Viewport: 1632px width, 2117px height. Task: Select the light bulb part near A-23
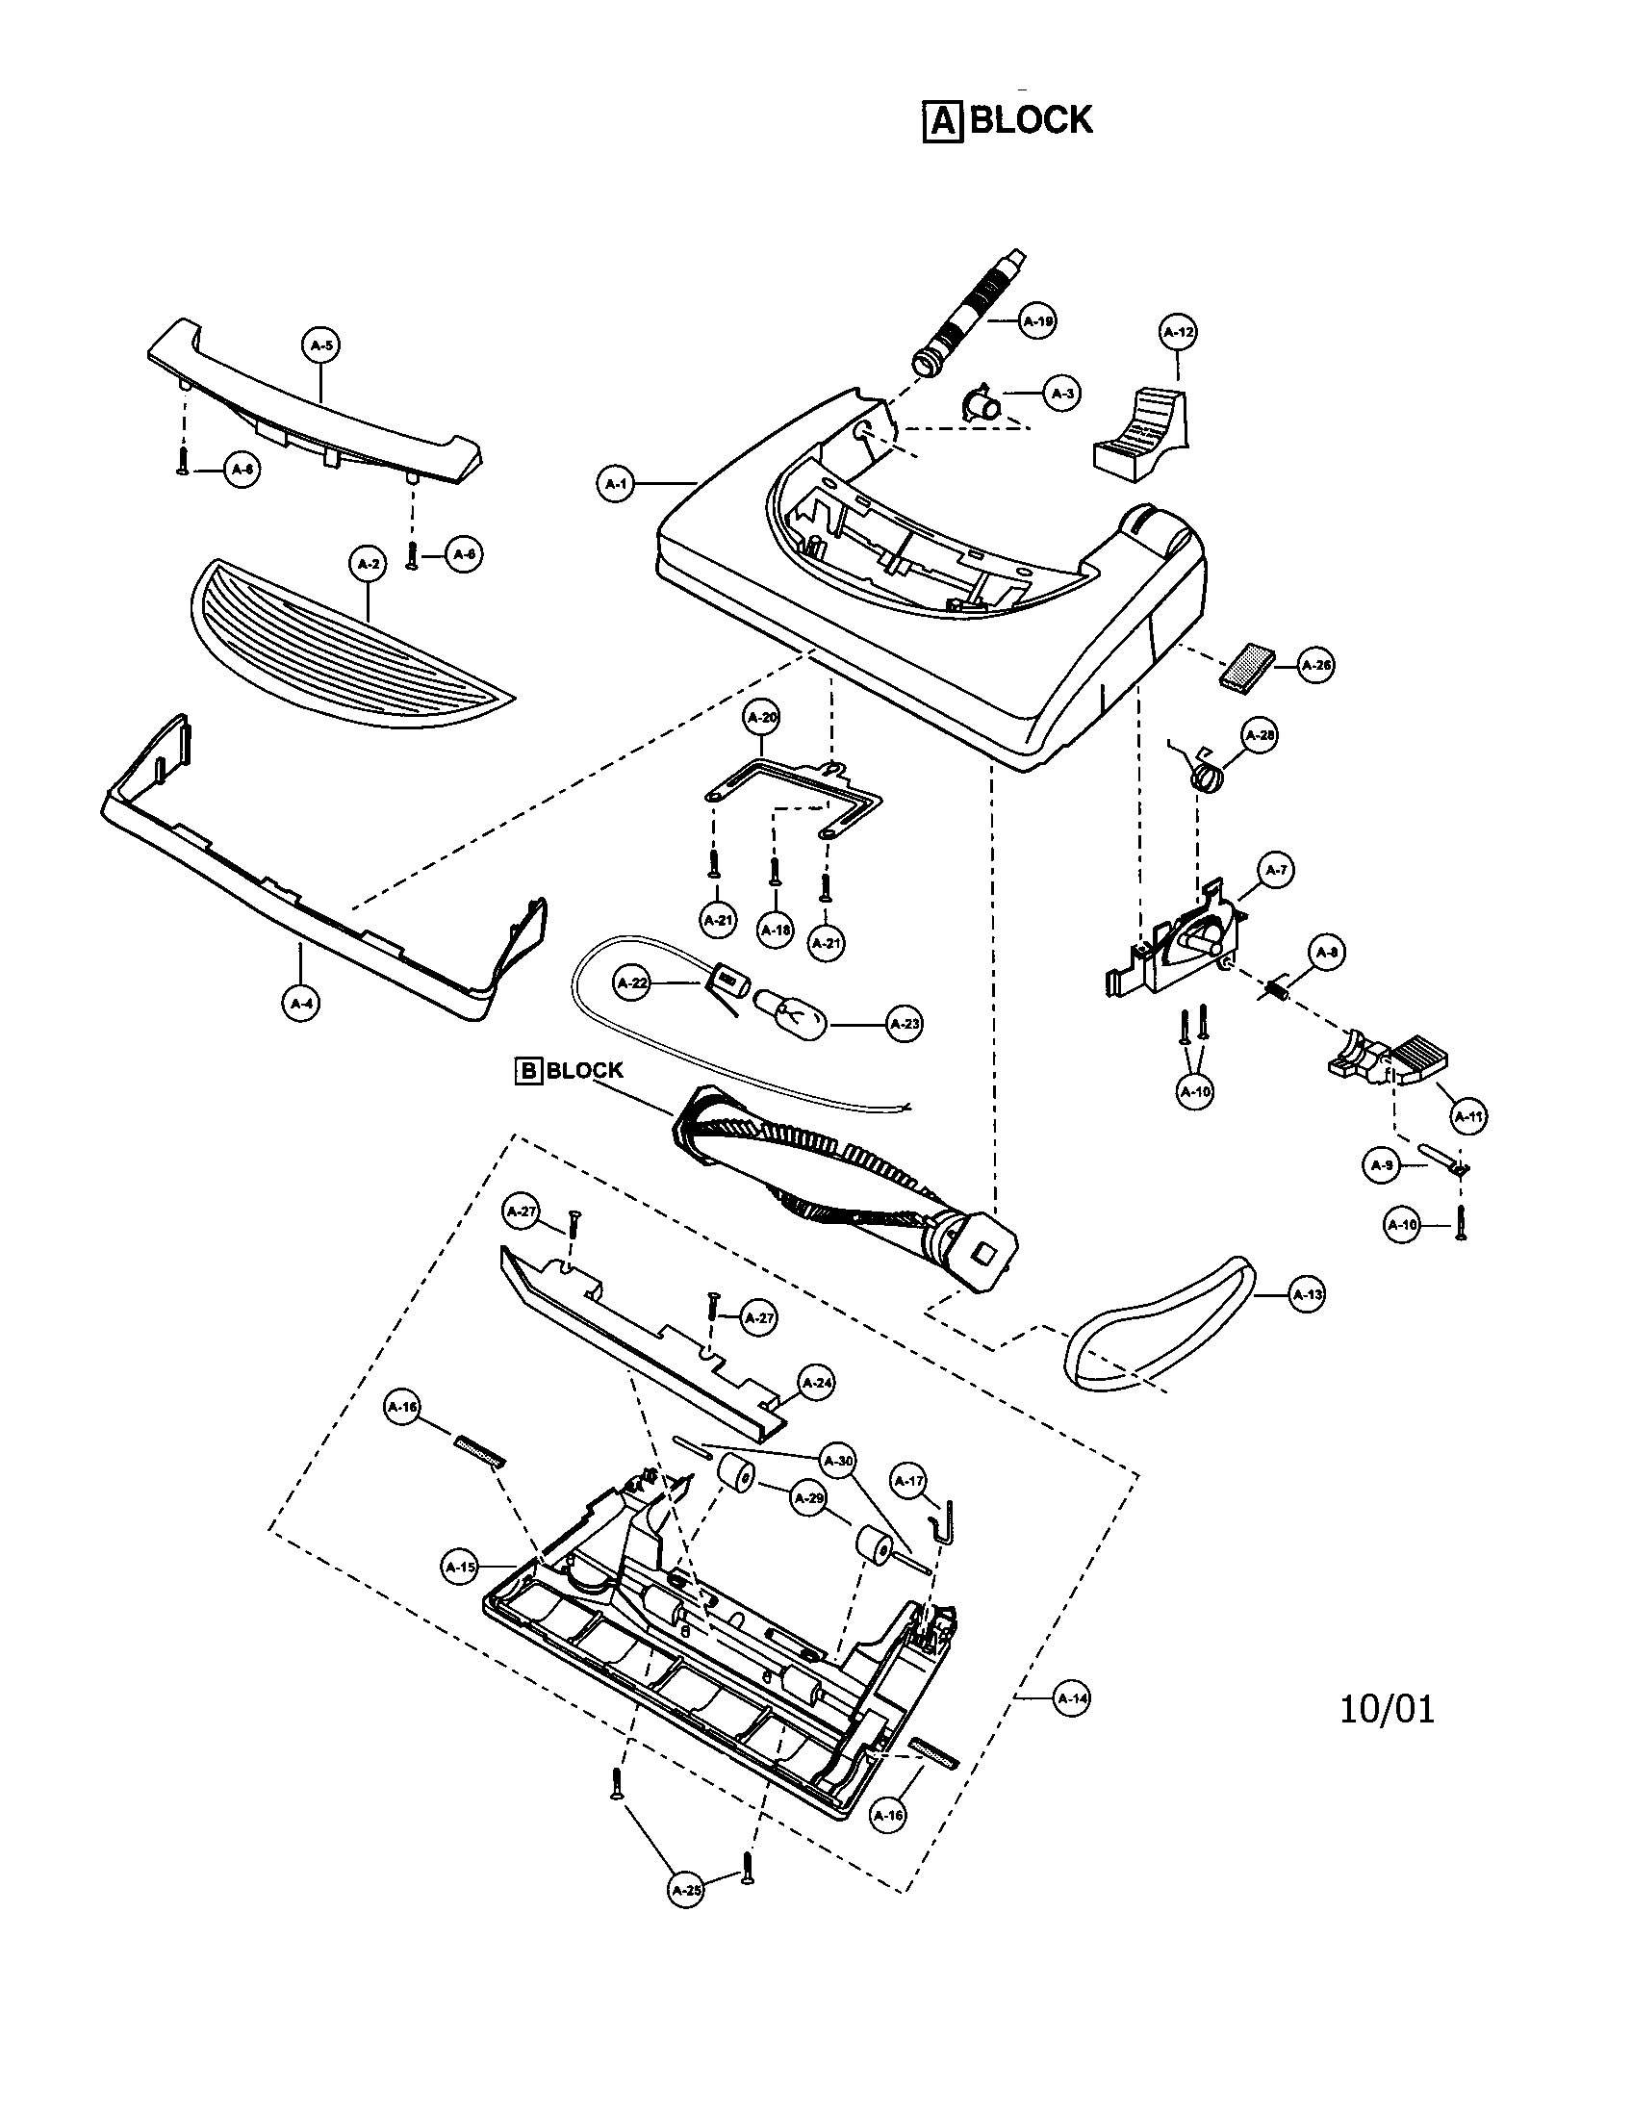792,1010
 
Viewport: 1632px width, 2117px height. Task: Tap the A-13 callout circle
1307,1294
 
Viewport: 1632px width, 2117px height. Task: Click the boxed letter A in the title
942,122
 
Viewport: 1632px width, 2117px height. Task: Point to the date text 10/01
1387,1709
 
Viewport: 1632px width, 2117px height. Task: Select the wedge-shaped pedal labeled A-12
1139,432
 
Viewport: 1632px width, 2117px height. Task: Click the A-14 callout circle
1071,1698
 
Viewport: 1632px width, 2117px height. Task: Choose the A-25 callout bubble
686,1889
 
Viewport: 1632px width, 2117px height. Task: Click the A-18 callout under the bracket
776,930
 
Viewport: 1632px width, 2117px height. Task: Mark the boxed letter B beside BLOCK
528,1070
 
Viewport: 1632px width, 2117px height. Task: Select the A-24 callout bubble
817,1383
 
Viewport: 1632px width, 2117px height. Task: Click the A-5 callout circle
321,345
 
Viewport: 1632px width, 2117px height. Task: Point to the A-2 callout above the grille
367,564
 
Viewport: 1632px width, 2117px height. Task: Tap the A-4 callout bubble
301,1004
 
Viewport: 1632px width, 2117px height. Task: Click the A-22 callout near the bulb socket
633,982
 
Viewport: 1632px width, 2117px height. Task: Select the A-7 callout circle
1276,870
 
